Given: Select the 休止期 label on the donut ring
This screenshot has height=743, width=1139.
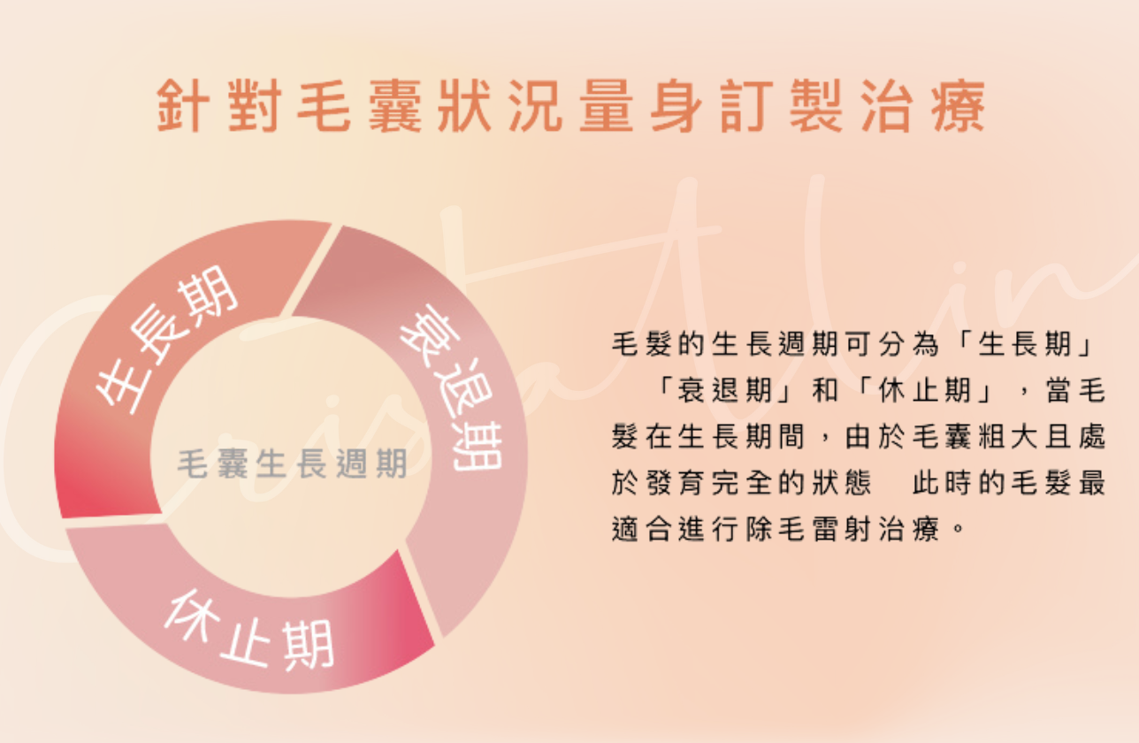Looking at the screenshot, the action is tap(249, 630).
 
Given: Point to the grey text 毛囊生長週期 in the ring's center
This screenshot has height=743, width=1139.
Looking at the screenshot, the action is tap(293, 463).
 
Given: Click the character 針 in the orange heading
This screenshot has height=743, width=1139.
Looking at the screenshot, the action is tap(182, 106).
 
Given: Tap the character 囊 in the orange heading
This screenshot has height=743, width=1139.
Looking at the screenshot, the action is tap(394, 106).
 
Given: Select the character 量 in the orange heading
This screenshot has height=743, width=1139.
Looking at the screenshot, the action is tap(607, 106).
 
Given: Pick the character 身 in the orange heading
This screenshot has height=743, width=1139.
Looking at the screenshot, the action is tap(677, 106).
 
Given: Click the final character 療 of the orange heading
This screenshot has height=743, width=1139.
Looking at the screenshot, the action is tap(959, 106).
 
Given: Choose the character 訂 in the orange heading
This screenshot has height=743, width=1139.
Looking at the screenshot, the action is tap(747, 106).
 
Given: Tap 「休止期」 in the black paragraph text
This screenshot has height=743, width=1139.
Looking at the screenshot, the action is tap(924, 391).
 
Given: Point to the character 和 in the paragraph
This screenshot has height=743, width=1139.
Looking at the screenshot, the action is tap(825, 391).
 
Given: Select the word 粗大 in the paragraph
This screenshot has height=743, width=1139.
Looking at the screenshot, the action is tap(1008, 437).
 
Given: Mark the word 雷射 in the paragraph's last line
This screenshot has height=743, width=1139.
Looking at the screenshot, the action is tap(842, 529).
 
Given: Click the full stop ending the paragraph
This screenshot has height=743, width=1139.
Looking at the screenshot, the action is tap(959, 528).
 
